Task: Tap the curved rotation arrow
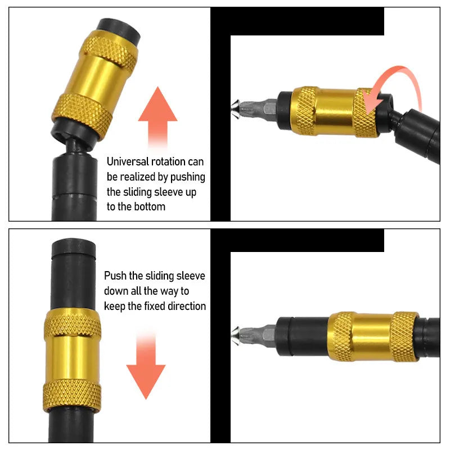click(394, 84)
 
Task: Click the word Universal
click(129, 162)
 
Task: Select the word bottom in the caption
click(150, 206)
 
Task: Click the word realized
click(139, 177)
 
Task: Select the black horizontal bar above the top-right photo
click(298, 21)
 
